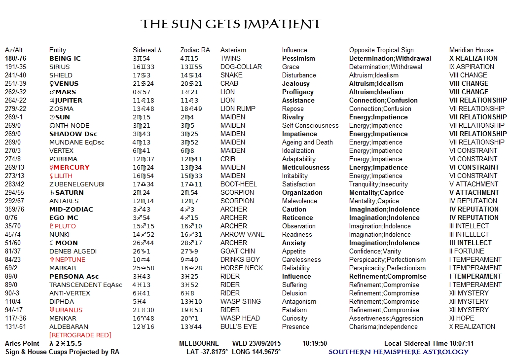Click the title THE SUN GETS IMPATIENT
pyautogui.click(x=231, y=24)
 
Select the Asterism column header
pyautogui.click(x=233, y=50)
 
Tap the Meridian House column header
pyautogui.click(x=471, y=50)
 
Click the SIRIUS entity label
pyautogui.click(x=60, y=67)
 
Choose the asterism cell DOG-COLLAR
pyautogui.click(x=241, y=67)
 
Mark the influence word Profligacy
pyautogui.click(x=298, y=92)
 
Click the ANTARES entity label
pyautogui.click(x=64, y=201)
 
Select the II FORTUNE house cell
pyautogui.click(x=467, y=251)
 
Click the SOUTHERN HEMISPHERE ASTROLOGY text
pyautogui.click(x=399, y=352)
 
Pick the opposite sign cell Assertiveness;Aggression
pyautogui.click(x=386, y=318)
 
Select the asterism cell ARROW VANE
pyautogui.click(x=242, y=234)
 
